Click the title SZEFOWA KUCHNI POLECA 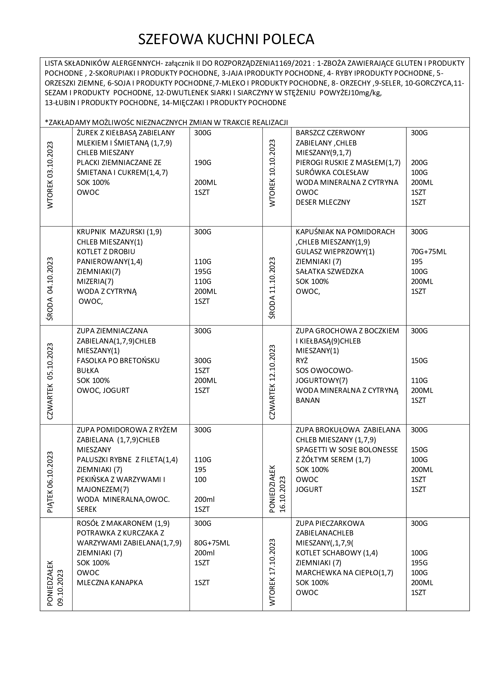point(226,39)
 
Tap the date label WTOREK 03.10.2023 point(50,175)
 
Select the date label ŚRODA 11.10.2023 point(272,288)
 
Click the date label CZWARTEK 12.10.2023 point(272,382)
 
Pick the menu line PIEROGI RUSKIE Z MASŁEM point(348,163)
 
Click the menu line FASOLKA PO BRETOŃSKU point(118,360)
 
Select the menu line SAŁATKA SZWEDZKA point(329,272)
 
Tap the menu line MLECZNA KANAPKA point(110,583)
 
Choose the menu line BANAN point(307,401)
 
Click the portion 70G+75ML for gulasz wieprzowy point(429,252)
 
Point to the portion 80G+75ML point(212,543)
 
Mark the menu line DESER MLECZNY point(323,202)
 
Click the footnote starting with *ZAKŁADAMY point(166,123)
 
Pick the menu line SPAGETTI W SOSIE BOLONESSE point(347,450)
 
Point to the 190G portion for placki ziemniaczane point(203,163)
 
